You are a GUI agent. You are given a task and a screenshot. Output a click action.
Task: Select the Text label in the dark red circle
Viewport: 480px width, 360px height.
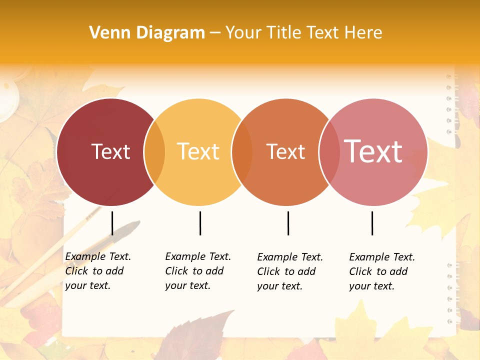pyautogui.click(x=110, y=151)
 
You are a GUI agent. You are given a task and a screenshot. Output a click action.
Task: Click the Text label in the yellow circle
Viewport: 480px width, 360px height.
pyautogui.click(x=198, y=151)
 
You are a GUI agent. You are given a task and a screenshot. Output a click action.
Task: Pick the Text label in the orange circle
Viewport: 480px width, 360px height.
pyautogui.click(x=285, y=151)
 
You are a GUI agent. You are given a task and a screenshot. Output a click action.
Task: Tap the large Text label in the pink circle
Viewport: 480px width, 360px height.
pyautogui.click(x=373, y=151)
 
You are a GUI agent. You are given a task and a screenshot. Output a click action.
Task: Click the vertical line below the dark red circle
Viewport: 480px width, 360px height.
pyautogui.click(x=112, y=223)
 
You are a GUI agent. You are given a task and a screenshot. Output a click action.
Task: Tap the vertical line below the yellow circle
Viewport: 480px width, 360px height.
pyautogui.click(x=200, y=223)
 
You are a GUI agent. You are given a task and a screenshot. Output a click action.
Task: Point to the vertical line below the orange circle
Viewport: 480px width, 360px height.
pyautogui.click(x=288, y=223)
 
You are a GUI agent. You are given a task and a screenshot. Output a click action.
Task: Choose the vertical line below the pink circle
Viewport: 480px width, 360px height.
pyautogui.click(x=372, y=223)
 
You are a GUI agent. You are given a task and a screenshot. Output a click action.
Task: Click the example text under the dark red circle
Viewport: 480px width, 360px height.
pyautogui.click(x=97, y=271)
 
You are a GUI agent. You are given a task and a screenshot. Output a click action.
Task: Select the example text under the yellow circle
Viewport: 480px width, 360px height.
pyautogui.click(x=197, y=271)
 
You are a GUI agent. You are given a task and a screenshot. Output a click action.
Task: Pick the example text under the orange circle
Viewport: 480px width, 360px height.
pyautogui.click(x=289, y=271)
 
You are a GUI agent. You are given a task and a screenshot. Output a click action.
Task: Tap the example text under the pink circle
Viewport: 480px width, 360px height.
pyautogui.click(x=381, y=271)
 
